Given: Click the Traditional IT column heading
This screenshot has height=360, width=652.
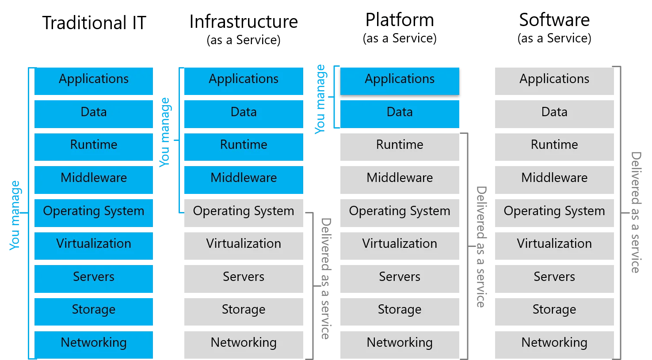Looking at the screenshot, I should [x=94, y=23].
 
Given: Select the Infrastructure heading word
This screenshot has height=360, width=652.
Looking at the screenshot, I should [x=244, y=22].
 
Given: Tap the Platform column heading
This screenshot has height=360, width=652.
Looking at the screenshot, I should [x=400, y=20].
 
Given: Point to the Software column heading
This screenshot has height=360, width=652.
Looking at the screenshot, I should [x=554, y=20].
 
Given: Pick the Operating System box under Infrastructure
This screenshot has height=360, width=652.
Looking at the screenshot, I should [x=244, y=212].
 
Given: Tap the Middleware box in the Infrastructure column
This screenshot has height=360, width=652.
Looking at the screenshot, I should [x=244, y=179].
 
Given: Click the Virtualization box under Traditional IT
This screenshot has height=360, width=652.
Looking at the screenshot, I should [x=94, y=245].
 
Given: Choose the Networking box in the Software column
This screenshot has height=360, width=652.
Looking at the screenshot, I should [x=554, y=344].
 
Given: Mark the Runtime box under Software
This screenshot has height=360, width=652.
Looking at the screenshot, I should [x=554, y=146].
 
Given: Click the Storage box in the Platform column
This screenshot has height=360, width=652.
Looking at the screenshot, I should [x=400, y=311].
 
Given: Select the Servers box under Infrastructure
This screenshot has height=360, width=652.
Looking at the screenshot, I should [x=244, y=278].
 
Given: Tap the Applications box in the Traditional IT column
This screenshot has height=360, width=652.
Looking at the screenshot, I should [x=94, y=80].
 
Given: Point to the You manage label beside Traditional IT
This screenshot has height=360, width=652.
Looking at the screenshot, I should [x=15, y=215].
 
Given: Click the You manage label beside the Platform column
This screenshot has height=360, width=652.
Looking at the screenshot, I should [x=320, y=99].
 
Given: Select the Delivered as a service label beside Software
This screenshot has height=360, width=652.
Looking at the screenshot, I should [x=636, y=212].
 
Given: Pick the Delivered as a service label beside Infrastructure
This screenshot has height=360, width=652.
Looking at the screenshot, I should [x=326, y=278].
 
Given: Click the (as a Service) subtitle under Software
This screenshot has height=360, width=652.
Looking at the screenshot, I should [x=554, y=38].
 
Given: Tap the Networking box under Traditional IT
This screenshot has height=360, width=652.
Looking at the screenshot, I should [x=94, y=344].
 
